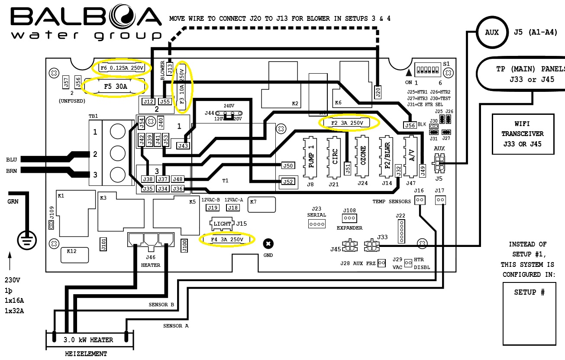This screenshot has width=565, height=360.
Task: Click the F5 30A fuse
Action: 115,86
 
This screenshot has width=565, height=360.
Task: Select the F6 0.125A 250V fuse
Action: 122,68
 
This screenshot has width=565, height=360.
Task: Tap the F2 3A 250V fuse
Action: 349,123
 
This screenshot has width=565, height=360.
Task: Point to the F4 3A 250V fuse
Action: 227,239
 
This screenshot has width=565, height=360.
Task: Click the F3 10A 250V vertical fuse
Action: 182,87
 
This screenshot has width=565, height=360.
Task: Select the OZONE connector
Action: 363,157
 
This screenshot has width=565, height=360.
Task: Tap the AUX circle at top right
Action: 492,32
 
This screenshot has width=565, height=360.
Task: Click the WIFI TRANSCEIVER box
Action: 523,134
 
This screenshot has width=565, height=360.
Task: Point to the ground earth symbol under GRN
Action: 27,240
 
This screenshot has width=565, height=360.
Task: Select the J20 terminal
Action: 378,91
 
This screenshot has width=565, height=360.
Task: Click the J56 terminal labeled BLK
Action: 410,125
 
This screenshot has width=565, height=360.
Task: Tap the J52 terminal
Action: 288,182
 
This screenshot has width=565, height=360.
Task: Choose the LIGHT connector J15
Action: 222,224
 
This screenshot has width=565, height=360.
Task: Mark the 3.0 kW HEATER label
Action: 88,340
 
